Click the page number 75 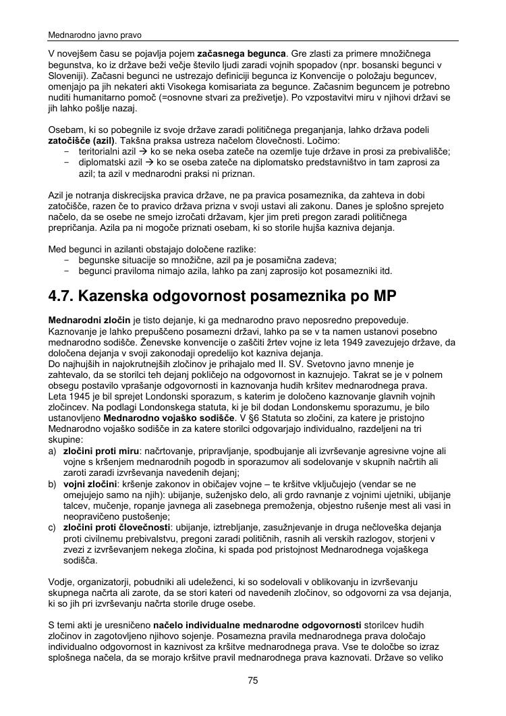[253, 681]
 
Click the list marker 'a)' [53, 450]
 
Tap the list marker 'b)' [53, 485]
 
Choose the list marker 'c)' [53, 528]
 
